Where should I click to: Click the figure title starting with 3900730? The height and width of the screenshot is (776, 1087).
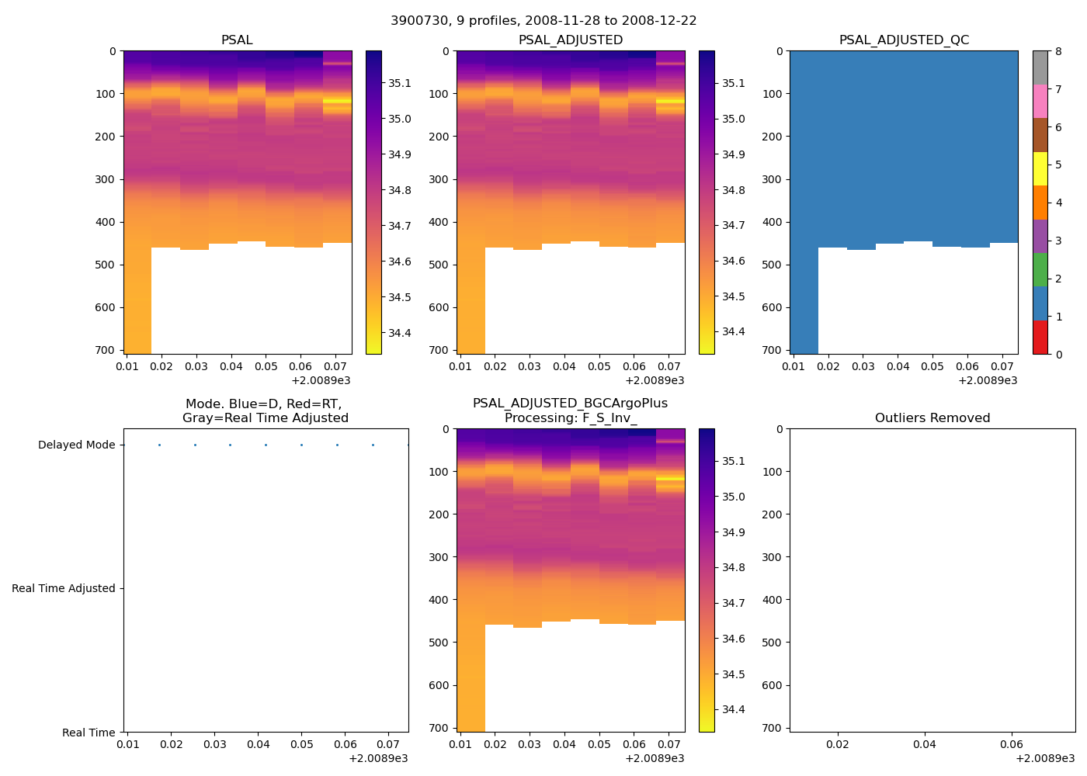[543, 21]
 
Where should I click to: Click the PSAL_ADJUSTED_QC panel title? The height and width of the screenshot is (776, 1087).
[904, 40]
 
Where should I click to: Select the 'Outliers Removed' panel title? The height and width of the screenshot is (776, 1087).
[932, 418]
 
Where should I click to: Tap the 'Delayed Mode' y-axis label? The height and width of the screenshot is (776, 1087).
[76, 445]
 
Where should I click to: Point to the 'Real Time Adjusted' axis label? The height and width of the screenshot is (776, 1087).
[64, 588]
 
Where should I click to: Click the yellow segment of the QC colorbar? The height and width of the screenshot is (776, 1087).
[1040, 168]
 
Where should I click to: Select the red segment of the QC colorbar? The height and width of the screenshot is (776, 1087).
[1040, 338]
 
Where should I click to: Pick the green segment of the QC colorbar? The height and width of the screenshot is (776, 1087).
[1040, 270]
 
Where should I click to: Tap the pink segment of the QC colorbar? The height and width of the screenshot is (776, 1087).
[1040, 101]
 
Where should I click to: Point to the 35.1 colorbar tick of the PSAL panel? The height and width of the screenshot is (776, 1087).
[400, 84]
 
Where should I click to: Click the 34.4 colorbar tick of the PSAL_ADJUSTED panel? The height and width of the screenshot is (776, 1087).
[733, 332]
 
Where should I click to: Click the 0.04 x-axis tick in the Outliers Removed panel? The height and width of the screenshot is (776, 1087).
[924, 744]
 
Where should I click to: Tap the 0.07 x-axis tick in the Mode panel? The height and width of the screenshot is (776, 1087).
[389, 744]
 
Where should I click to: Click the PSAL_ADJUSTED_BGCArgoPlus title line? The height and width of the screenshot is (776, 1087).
[570, 404]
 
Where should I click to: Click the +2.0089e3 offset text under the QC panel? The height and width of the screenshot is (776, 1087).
[988, 380]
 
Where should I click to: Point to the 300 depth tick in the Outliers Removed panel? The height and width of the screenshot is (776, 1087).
[773, 557]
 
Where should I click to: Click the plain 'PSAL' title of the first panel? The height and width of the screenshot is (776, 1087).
[237, 40]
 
